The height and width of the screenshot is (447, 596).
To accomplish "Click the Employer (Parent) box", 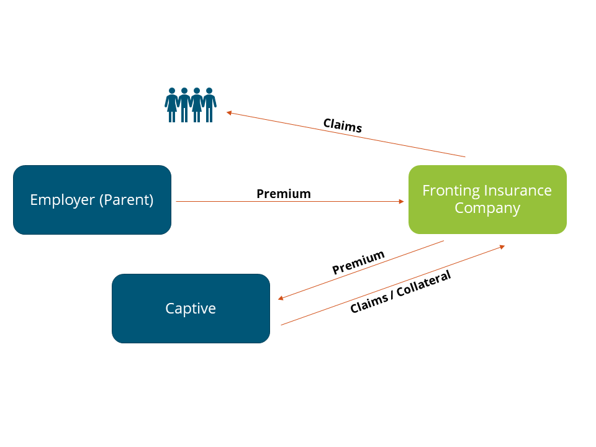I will coord(92,200).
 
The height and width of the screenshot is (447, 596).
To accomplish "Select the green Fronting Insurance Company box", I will coord(487,199).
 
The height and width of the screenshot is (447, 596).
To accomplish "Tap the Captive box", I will coord(191,309).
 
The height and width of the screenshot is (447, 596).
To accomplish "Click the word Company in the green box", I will coord(487,208).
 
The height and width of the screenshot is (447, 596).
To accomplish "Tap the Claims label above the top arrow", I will coord(343,125).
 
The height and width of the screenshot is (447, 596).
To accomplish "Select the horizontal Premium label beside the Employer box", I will coord(284,194).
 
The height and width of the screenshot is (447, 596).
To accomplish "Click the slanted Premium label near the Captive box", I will coord(358,263).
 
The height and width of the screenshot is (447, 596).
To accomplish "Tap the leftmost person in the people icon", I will coord(172,105).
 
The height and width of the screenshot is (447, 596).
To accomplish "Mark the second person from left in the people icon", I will coord(184,105).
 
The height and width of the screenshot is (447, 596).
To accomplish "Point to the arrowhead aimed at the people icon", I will coord(229,112).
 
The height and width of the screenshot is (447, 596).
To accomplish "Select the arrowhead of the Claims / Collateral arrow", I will coord(502,246).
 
